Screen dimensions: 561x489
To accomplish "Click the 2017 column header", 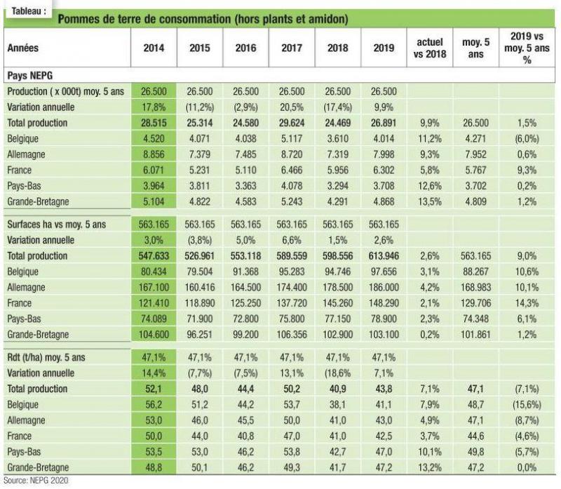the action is (x=292, y=48).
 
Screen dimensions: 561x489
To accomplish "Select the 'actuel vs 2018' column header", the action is (x=430, y=48).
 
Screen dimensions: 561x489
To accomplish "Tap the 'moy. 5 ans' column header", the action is (x=475, y=48).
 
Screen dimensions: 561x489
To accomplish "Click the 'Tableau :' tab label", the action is (x=29, y=11).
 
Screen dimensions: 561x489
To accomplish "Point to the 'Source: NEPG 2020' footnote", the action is (x=36, y=481).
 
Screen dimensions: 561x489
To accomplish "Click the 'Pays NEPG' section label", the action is (x=29, y=76).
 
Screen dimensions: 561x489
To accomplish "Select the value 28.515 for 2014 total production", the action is (x=154, y=123).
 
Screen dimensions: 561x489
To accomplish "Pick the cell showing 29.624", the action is (x=292, y=123).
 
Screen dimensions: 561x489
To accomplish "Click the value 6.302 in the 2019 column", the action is (x=384, y=170).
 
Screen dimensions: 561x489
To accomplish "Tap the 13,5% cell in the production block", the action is (x=430, y=201).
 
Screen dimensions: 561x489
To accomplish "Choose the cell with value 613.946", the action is (x=384, y=256).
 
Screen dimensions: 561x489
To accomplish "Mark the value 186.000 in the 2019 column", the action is (x=384, y=288).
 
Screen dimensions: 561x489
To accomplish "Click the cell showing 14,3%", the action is (x=527, y=303).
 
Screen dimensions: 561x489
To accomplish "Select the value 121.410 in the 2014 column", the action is (x=154, y=303).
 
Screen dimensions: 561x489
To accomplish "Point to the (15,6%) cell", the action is (x=527, y=405).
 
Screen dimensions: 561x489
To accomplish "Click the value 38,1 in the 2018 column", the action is (x=337, y=405).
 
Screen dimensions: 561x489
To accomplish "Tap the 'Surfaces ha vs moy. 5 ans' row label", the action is (x=57, y=225).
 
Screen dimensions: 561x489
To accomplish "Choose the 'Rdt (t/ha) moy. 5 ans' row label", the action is (x=46, y=358).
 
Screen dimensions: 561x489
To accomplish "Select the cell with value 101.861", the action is (x=475, y=335).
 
